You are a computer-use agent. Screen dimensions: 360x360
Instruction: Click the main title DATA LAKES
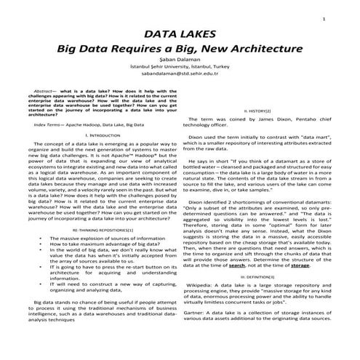pos(179,34)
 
